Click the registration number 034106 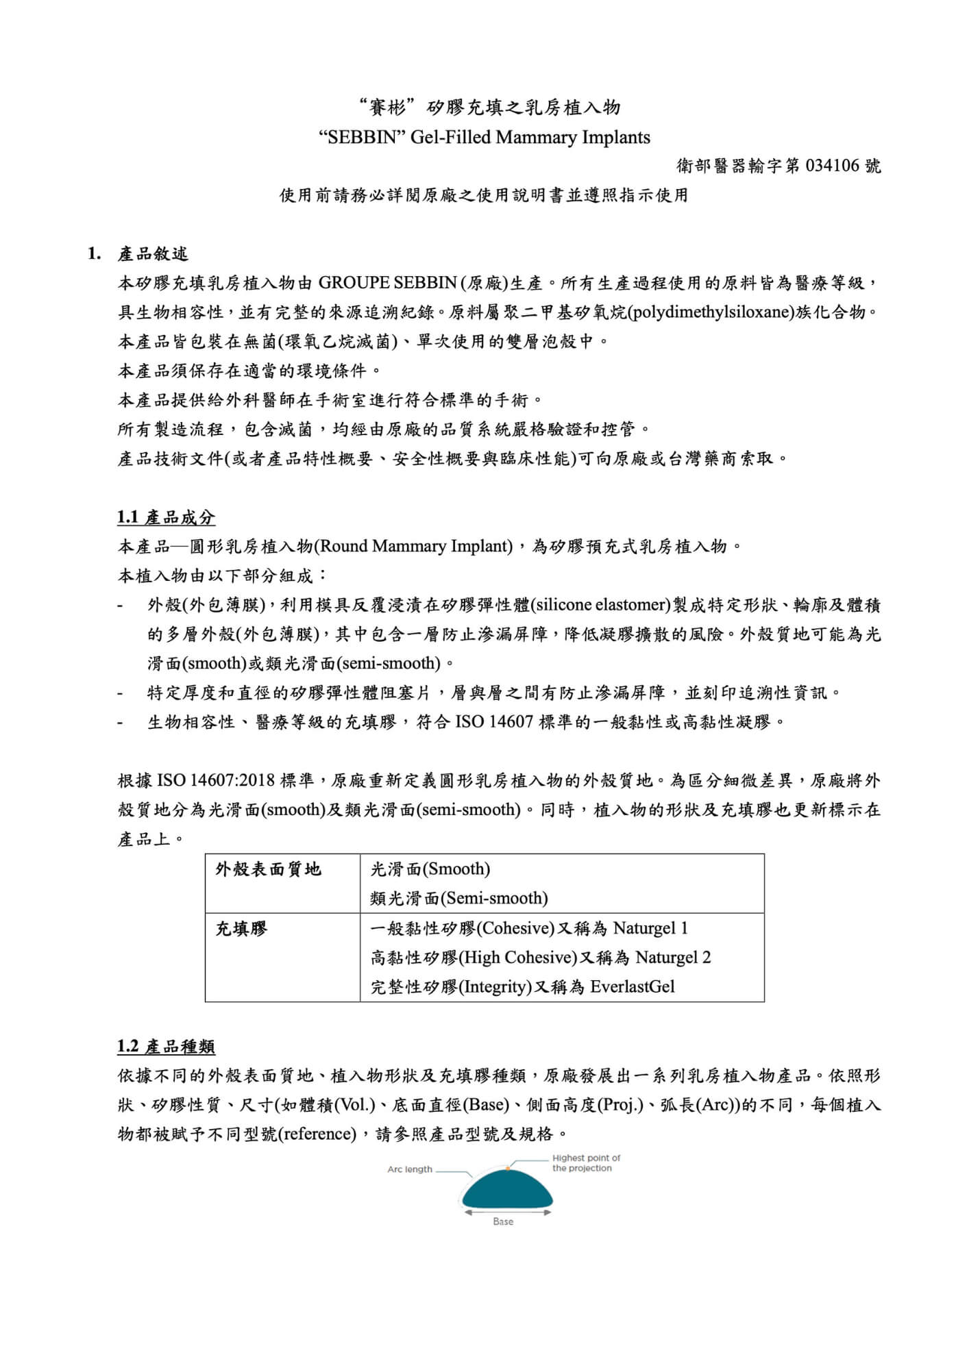click(x=835, y=166)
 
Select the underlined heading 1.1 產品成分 click(x=166, y=517)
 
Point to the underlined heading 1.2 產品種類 click(x=166, y=1047)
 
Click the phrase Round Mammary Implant click(x=416, y=547)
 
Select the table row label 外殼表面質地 click(x=268, y=870)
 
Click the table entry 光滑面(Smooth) click(x=430, y=869)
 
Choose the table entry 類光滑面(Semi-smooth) click(x=459, y=898)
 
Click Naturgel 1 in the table click(x=650, y=928)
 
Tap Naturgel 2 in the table click(x=672, y=957)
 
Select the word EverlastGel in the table click(x=632, y=986)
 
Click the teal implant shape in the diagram click(x=507, y=1193)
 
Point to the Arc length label click(x=410, y=1169)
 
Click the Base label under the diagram click(x=503, y=1221)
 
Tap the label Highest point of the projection click(x=586, y=1162)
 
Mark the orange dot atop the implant click(x=508, y=1167)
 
